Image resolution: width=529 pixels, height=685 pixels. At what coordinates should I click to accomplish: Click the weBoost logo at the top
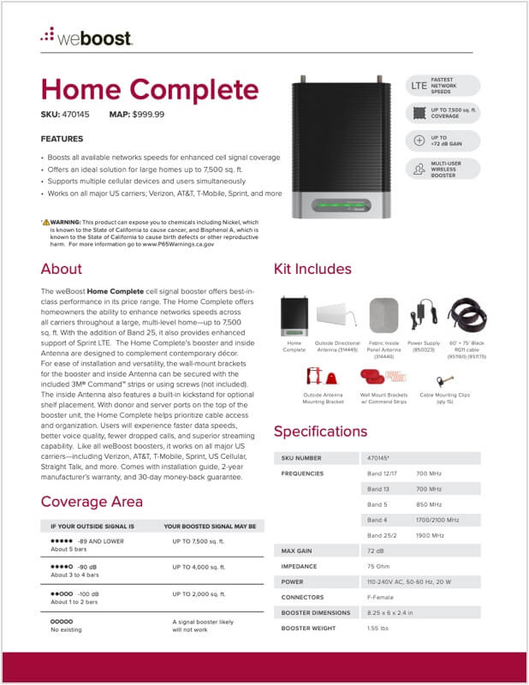coord(86,39)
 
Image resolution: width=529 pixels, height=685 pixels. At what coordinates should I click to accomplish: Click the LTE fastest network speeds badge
coord(443,86)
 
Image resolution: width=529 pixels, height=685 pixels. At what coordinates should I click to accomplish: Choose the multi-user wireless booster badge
coord(443,169)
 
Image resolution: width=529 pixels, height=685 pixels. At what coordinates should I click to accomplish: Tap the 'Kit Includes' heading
coord(312,269)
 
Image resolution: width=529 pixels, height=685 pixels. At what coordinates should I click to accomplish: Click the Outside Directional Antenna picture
coord(337,316)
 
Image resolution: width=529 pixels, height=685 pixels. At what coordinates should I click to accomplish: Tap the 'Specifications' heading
coord(320,432)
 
